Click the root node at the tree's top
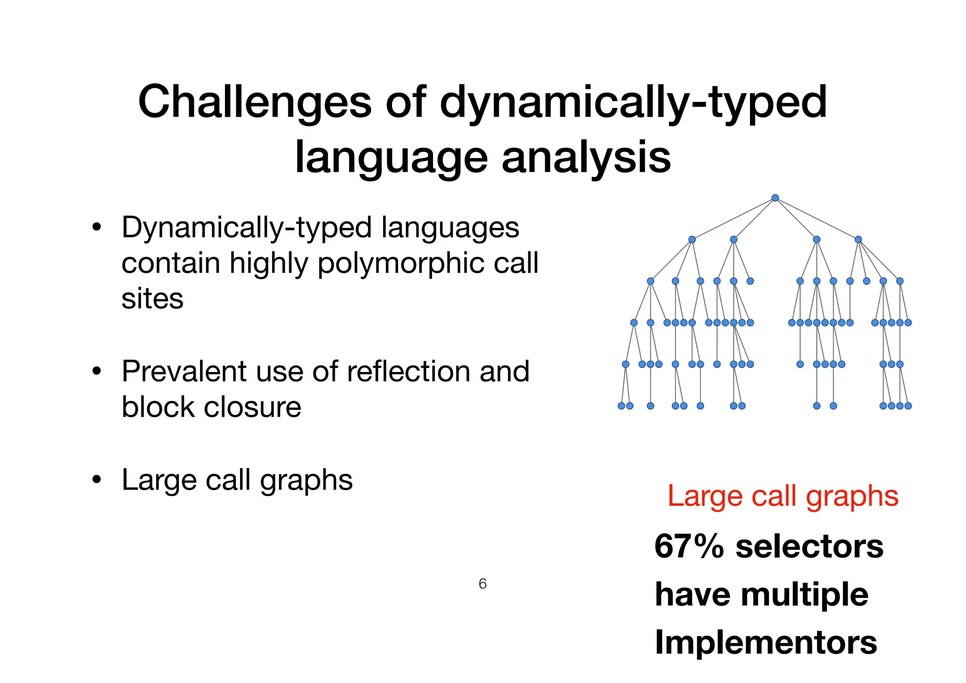[775, 198]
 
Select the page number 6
[483, 584]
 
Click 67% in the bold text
[689, 546]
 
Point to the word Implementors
[766, 643]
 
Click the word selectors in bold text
[809, 546]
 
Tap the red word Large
[701, 496]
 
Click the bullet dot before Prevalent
[97, 371]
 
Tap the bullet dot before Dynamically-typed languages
[97, 228]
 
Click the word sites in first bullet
[152, 299]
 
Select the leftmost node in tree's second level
[692, 239]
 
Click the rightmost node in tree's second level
[858, 239]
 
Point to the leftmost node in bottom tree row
[621, 406]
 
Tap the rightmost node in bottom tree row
[908, 406]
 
